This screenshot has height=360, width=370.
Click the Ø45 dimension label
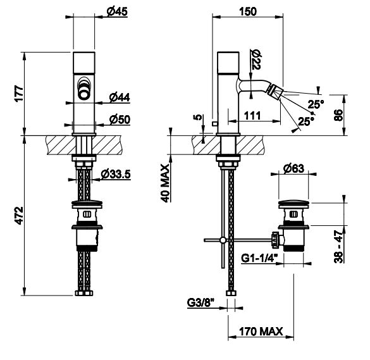point(117,11)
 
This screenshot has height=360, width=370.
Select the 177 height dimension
point(19,94)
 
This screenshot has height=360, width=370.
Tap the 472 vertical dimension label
point(19,216)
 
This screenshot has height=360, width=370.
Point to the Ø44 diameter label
point(120,97)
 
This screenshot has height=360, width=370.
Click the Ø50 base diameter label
point(120,120)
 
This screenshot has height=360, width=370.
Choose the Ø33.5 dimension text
point(116,174)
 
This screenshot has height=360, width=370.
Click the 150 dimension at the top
point(248,11)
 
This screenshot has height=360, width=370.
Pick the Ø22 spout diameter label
point(255,59)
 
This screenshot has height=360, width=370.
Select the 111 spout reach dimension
point(252,115)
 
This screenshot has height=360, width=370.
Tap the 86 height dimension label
point(339,115)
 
